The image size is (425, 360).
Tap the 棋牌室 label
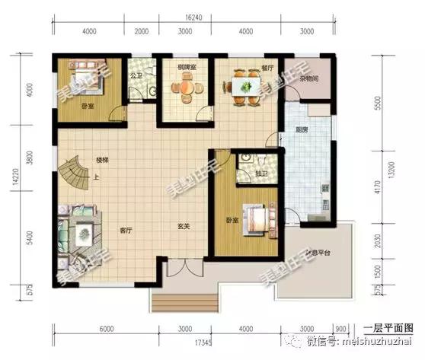pos(186,67)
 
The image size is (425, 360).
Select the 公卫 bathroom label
pos(136,76)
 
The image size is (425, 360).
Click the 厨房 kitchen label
pos(301,129)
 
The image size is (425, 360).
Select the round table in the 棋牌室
pos(186,88)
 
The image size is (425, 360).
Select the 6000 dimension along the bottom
pos(106,329)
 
